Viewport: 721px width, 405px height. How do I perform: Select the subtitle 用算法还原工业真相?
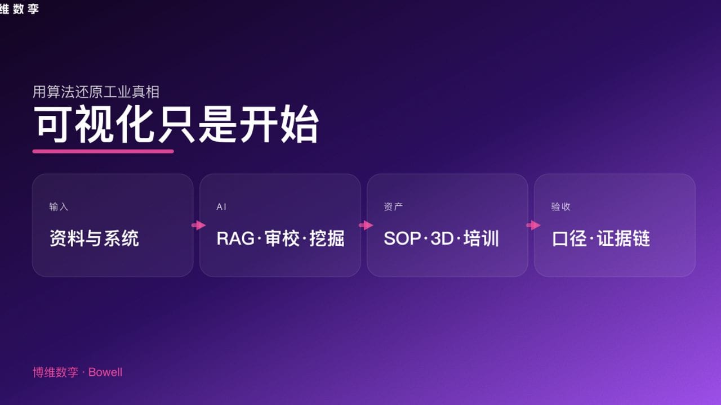tap(96, 91)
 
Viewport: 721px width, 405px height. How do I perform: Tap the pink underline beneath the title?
tap(103, 151)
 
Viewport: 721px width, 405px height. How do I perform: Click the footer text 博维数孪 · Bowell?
tap(77, 372)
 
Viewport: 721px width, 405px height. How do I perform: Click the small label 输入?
tap(59, 207)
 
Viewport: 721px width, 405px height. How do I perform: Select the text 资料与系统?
tap(94, 238)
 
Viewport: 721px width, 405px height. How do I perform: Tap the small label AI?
tap(221, 207)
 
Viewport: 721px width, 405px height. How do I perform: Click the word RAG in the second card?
tap(235, 238)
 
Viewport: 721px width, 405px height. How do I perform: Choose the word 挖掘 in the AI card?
tap(327, 238)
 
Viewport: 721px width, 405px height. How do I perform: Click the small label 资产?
tap(393, 207)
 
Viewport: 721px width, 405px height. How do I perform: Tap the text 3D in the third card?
tap(442, 238)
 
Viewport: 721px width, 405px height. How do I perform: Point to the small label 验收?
tap(560, 207)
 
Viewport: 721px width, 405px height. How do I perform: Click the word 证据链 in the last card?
tap(624, 238)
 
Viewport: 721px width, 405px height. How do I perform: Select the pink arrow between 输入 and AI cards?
tap(198, 226)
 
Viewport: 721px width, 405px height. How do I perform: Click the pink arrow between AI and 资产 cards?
tap(366, 226)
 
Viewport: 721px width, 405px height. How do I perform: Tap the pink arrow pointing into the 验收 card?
tap(533, 226)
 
